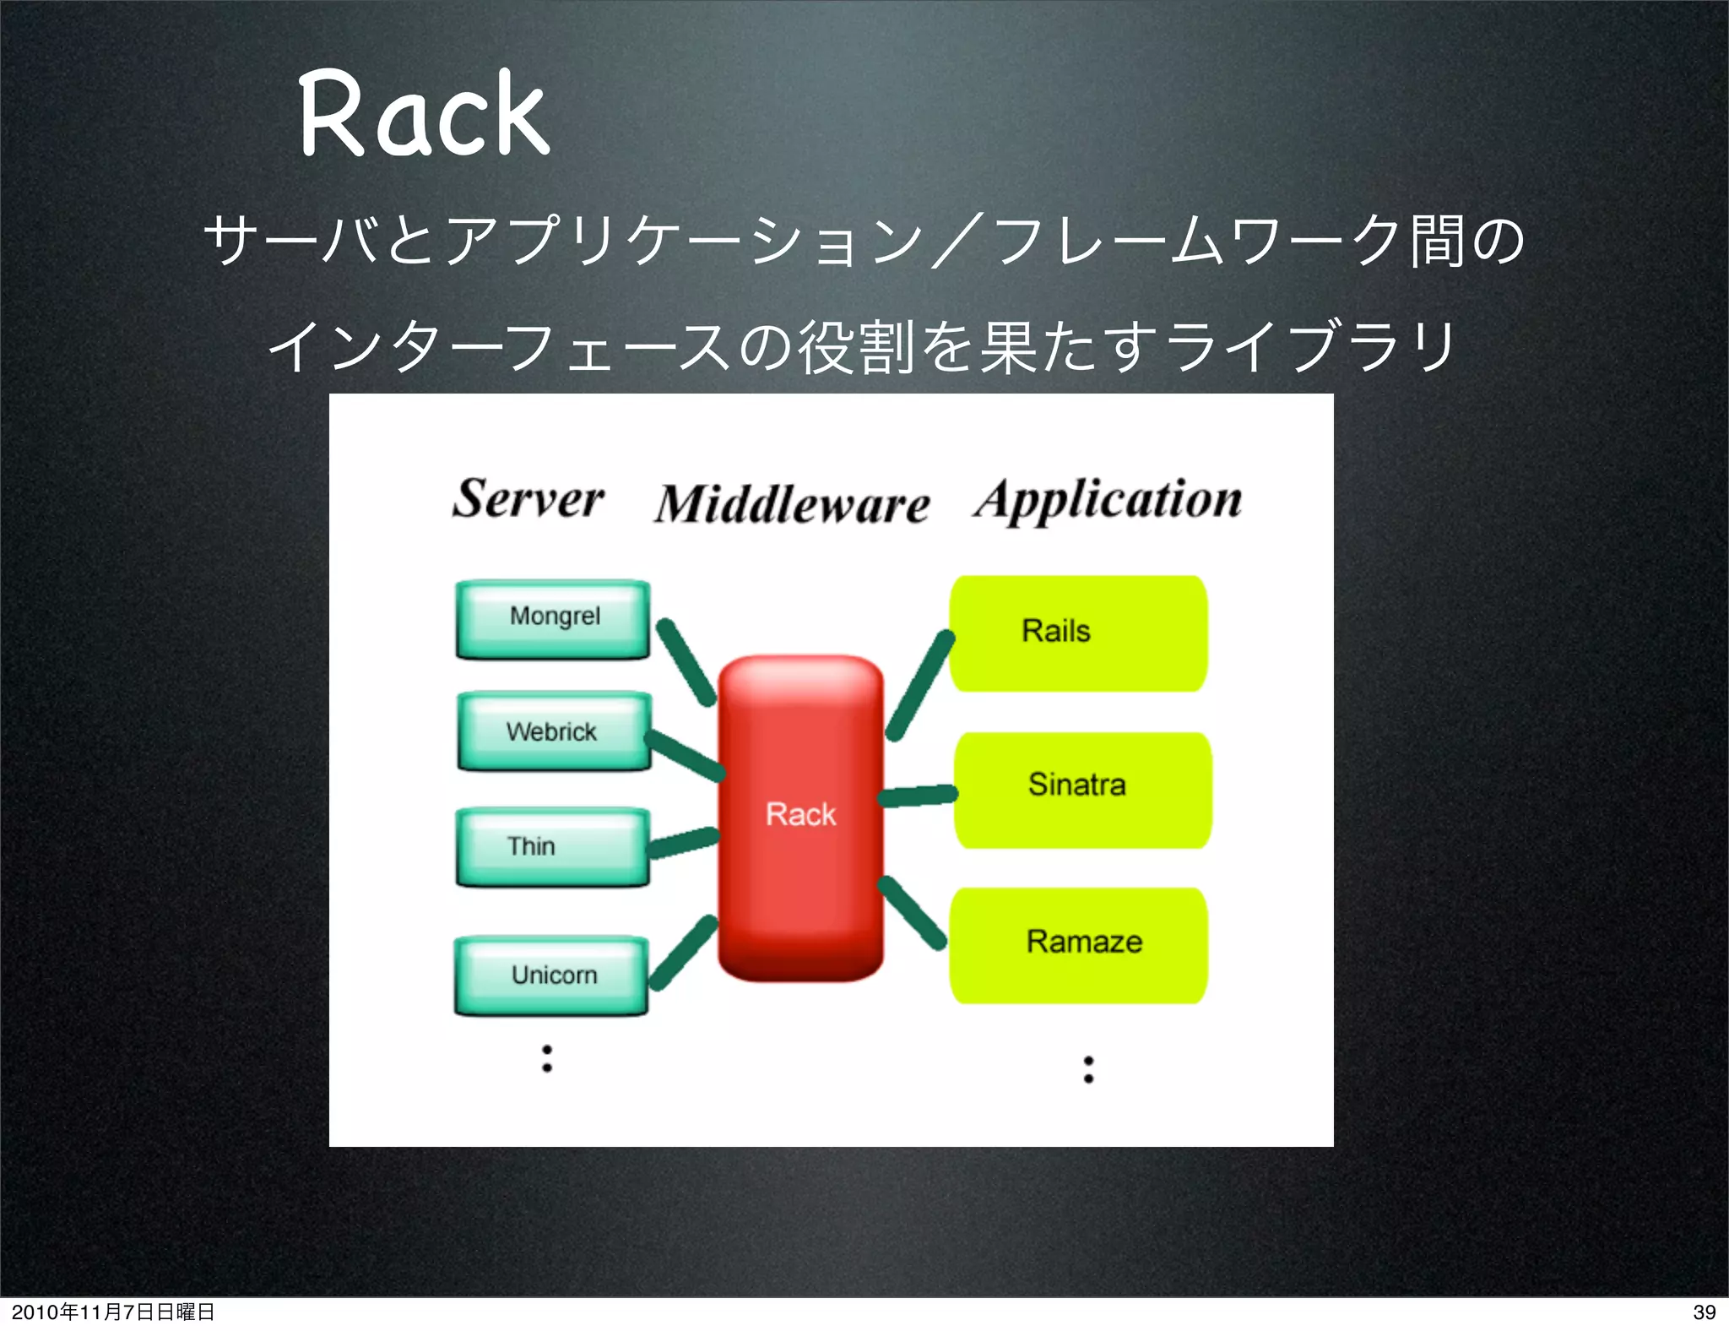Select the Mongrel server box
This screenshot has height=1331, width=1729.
pos(553,619)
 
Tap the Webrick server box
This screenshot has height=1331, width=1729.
pos(554,731)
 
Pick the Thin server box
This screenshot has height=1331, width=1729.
pos(552,847)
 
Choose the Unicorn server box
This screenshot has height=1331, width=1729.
pos(551,975)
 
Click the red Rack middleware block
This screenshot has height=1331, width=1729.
pos(800,817)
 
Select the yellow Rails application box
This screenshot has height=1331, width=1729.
pos(1078,633)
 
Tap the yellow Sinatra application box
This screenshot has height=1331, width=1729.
pos(1082,790)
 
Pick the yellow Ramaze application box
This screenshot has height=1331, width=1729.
pos(1078,945)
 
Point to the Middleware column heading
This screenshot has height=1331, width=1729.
pos(792,504)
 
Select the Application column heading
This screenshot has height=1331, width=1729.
pos(1108,500)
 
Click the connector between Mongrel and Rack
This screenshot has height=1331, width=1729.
pos(686,662)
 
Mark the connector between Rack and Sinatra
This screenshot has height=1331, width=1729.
pos(918,796)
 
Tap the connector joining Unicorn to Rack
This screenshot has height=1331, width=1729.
pos(682,953)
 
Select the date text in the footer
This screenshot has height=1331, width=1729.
pos(112,1312)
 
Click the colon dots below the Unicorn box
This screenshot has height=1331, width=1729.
pos(547,1058)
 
